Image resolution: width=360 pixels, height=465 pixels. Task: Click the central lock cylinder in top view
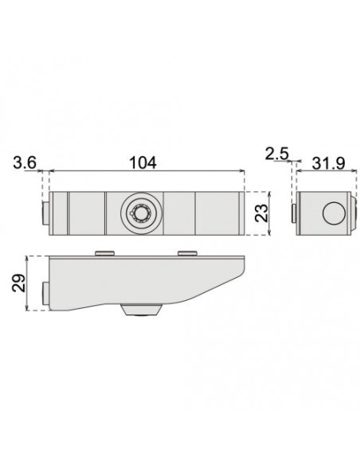click(x=142, y=212)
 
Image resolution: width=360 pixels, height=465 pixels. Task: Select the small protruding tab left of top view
click(x=45, y=213)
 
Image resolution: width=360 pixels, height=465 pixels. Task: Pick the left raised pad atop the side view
click(x=104, y=252)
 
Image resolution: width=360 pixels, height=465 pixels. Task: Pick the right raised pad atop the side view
click(x=188, y=252)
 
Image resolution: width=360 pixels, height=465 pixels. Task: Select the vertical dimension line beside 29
click(x=29, y=284)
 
